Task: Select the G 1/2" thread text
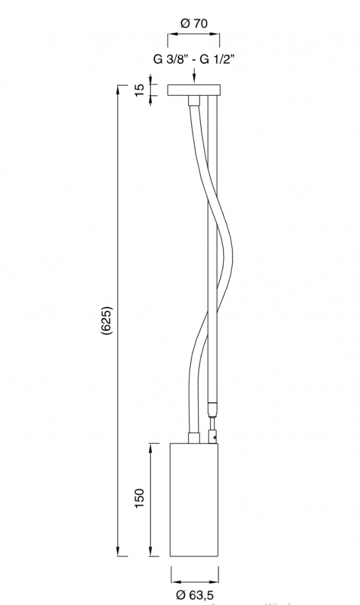218,59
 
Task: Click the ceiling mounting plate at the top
194,90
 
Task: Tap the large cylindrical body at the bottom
194,499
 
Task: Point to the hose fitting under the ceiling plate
193,101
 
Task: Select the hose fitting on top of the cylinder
194,438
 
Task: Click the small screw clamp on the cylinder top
214,438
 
